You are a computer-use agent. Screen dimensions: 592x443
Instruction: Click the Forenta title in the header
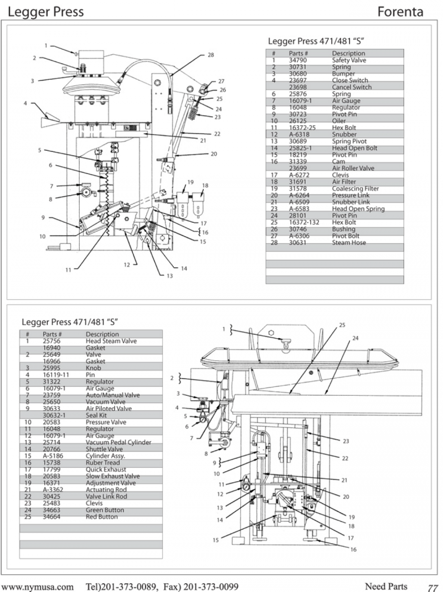pyautogui.click(x=400, y=11)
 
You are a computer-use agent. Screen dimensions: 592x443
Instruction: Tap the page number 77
pyautogui.click(x=433, y=588)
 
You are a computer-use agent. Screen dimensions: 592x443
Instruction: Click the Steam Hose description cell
pyautogui.click(x=348, y=243)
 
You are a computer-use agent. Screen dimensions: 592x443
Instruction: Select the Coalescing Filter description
pyautogui.click(x=355, y=189)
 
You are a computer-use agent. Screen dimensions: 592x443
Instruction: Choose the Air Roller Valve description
pyautogui.click(x=353, y=168)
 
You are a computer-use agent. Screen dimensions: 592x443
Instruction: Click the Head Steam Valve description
pyautogui.click(x=111, y=341)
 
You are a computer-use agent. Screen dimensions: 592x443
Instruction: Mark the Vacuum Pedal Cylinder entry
pyautogui.click(x=118, y=443)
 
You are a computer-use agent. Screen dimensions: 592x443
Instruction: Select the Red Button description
pyautogui.click(x=102, y=517)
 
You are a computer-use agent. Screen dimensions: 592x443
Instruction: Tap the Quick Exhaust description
pyautogui.click(x=106, y=470)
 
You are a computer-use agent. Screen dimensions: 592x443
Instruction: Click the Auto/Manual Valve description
pyautogui.click(x=113, y=395)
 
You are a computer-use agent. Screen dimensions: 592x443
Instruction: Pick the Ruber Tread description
pyautogui.click(x=102, y=463)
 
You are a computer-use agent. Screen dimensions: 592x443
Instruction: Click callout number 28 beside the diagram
pyautogui.click(x=211, y=55)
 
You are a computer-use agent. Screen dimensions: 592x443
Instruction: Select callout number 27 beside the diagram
pyautogui.click(x=221, y=81)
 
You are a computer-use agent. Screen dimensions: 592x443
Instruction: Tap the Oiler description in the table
pyautogui.click(x=339, y=121)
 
